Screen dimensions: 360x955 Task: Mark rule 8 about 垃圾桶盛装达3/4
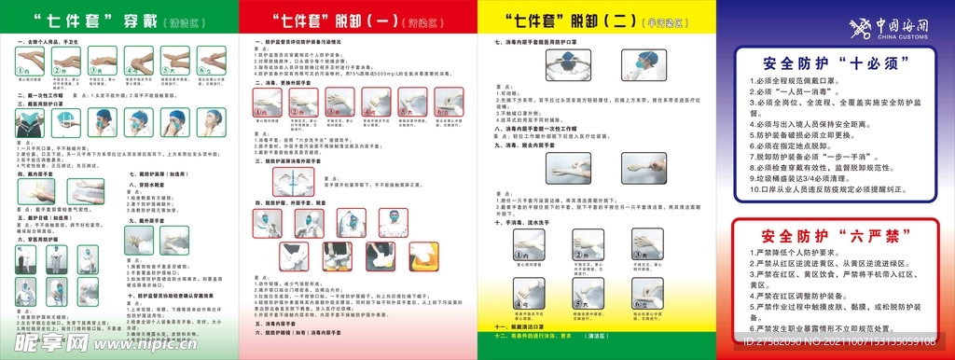pos(821,175)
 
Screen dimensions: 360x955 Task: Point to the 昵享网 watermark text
pos(47,341)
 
